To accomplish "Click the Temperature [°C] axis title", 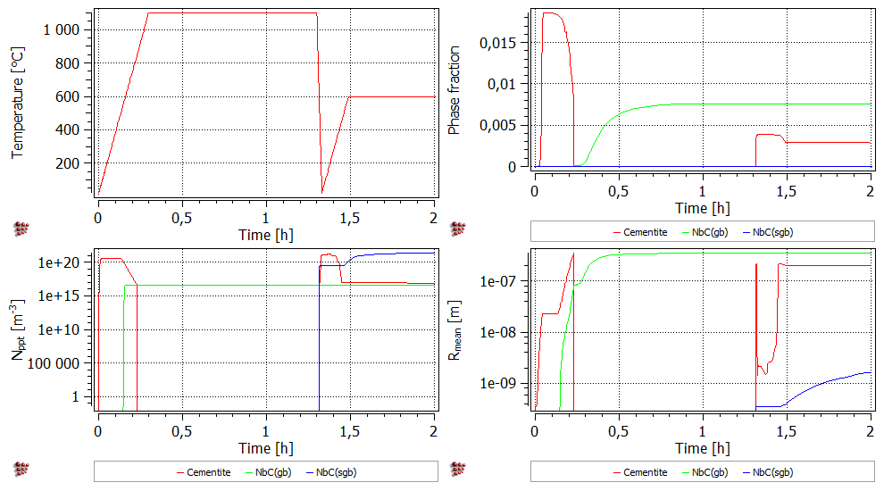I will pyautogui.click(x=17, y=104).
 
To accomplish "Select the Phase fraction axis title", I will pyautogui.click(x=454, y=90).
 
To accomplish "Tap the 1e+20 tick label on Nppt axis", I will pyautogui.click(x=64, y=262).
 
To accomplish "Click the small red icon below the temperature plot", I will pyautogui.click(x=21, y=229).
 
